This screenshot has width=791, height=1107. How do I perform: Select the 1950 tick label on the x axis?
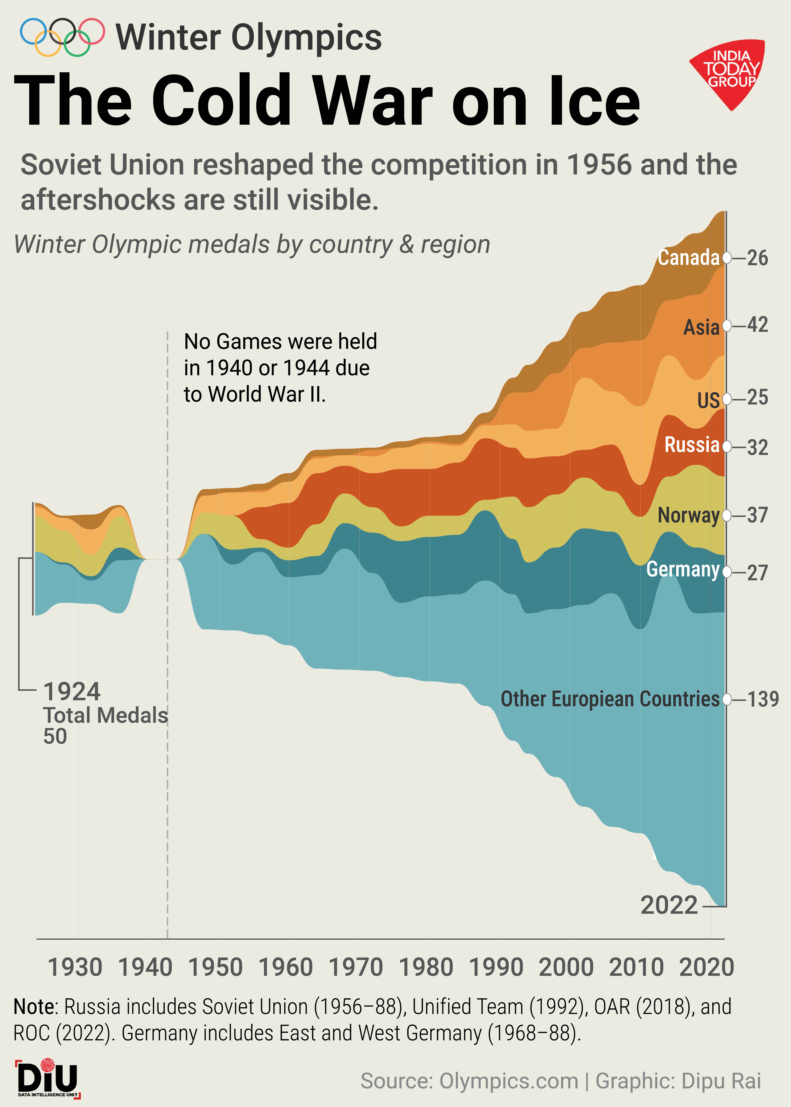coord(215,967)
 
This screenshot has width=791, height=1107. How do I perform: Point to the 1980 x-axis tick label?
coord(426,967)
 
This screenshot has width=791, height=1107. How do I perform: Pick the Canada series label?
coord(688,257)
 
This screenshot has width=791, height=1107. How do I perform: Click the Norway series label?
coord(688,515)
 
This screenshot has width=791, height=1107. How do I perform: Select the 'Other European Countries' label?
coord(610,699)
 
